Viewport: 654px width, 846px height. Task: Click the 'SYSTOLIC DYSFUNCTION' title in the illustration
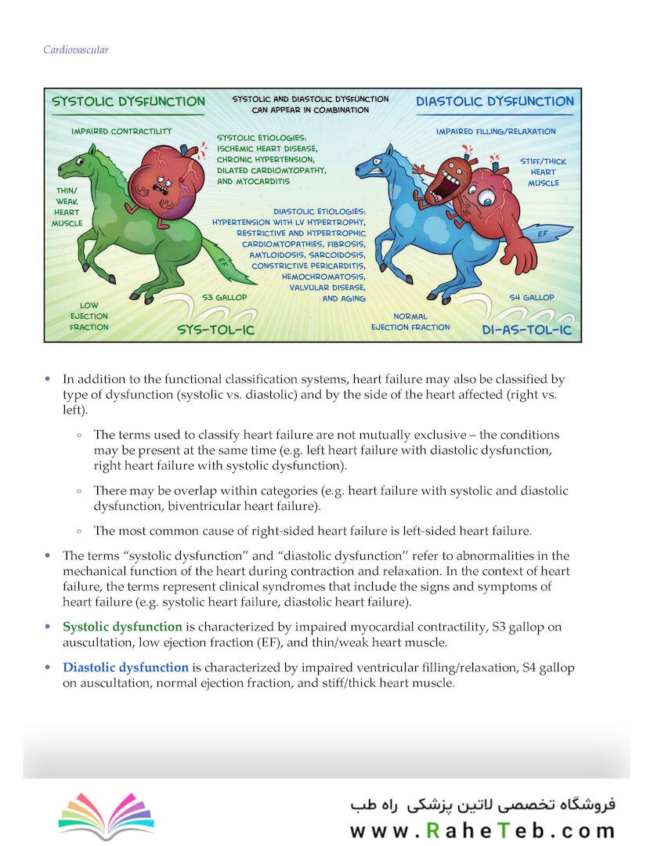(x=128, y=102)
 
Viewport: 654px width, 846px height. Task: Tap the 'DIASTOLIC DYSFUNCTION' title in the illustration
(x=494, y=102)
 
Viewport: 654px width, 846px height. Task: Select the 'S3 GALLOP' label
(x=225, y=298)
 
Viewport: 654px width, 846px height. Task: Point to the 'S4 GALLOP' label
(x=531, y=298)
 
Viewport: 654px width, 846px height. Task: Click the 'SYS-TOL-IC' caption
(x=215, y=329)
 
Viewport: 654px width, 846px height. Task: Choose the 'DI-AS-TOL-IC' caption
(x=527, y=331)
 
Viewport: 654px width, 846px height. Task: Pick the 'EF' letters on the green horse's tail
(x=223, y=262)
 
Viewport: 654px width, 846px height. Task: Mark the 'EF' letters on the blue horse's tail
(x=543, y=233)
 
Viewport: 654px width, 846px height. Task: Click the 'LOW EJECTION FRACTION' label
(x=89, y=316)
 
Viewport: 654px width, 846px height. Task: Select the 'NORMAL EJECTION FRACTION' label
(x=410, y=322)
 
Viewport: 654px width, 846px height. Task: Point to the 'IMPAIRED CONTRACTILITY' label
(x=121, y=132)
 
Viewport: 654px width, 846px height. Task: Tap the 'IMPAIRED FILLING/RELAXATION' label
(x=496, y=132)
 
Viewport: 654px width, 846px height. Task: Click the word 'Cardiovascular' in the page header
(x=75, y=50)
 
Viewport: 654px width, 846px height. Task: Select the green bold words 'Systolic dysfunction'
(x=122, y=627)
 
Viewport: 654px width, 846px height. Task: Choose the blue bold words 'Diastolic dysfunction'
(x=125, y=668)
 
